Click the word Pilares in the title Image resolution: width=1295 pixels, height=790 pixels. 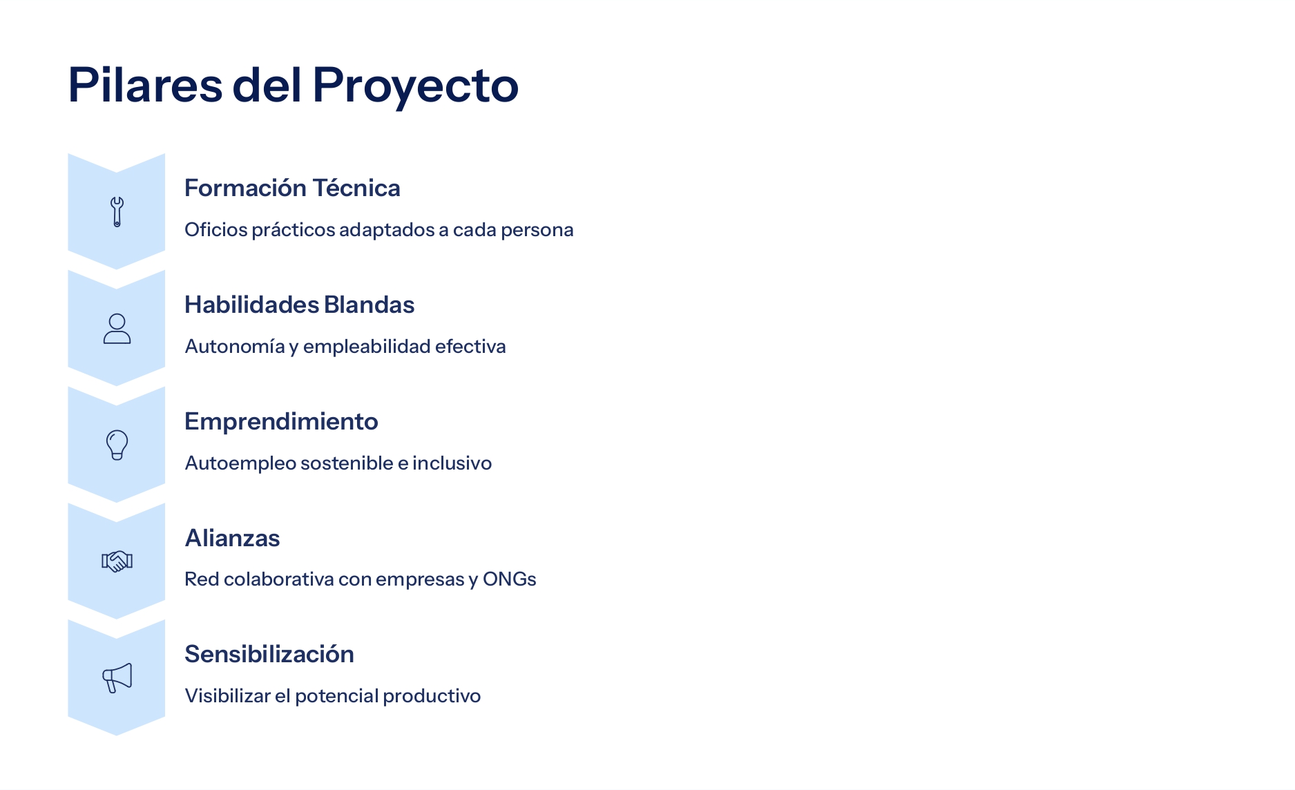point(145,85)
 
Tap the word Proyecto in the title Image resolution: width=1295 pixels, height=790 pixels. point(415,87)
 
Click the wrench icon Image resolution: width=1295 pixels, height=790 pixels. point(117,212)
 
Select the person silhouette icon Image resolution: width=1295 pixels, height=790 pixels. point(117,329)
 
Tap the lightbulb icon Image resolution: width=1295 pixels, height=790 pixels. point(117,445)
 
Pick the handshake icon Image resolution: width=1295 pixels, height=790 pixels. point(117,561)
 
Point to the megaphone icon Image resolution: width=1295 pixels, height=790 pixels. point(117,677)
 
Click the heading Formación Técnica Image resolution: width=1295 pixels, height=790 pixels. point(292,188)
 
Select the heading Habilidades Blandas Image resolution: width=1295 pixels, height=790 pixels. point(299,305)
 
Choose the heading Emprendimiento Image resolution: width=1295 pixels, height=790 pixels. point(281,422)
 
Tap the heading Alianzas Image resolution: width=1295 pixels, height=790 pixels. point(232,538)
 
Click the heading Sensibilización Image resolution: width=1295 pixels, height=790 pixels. point(269,654)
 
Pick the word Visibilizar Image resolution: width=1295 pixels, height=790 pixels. point(228,695)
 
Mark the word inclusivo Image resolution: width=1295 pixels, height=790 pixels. point(452,463)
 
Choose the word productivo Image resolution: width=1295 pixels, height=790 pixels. point(432,696)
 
